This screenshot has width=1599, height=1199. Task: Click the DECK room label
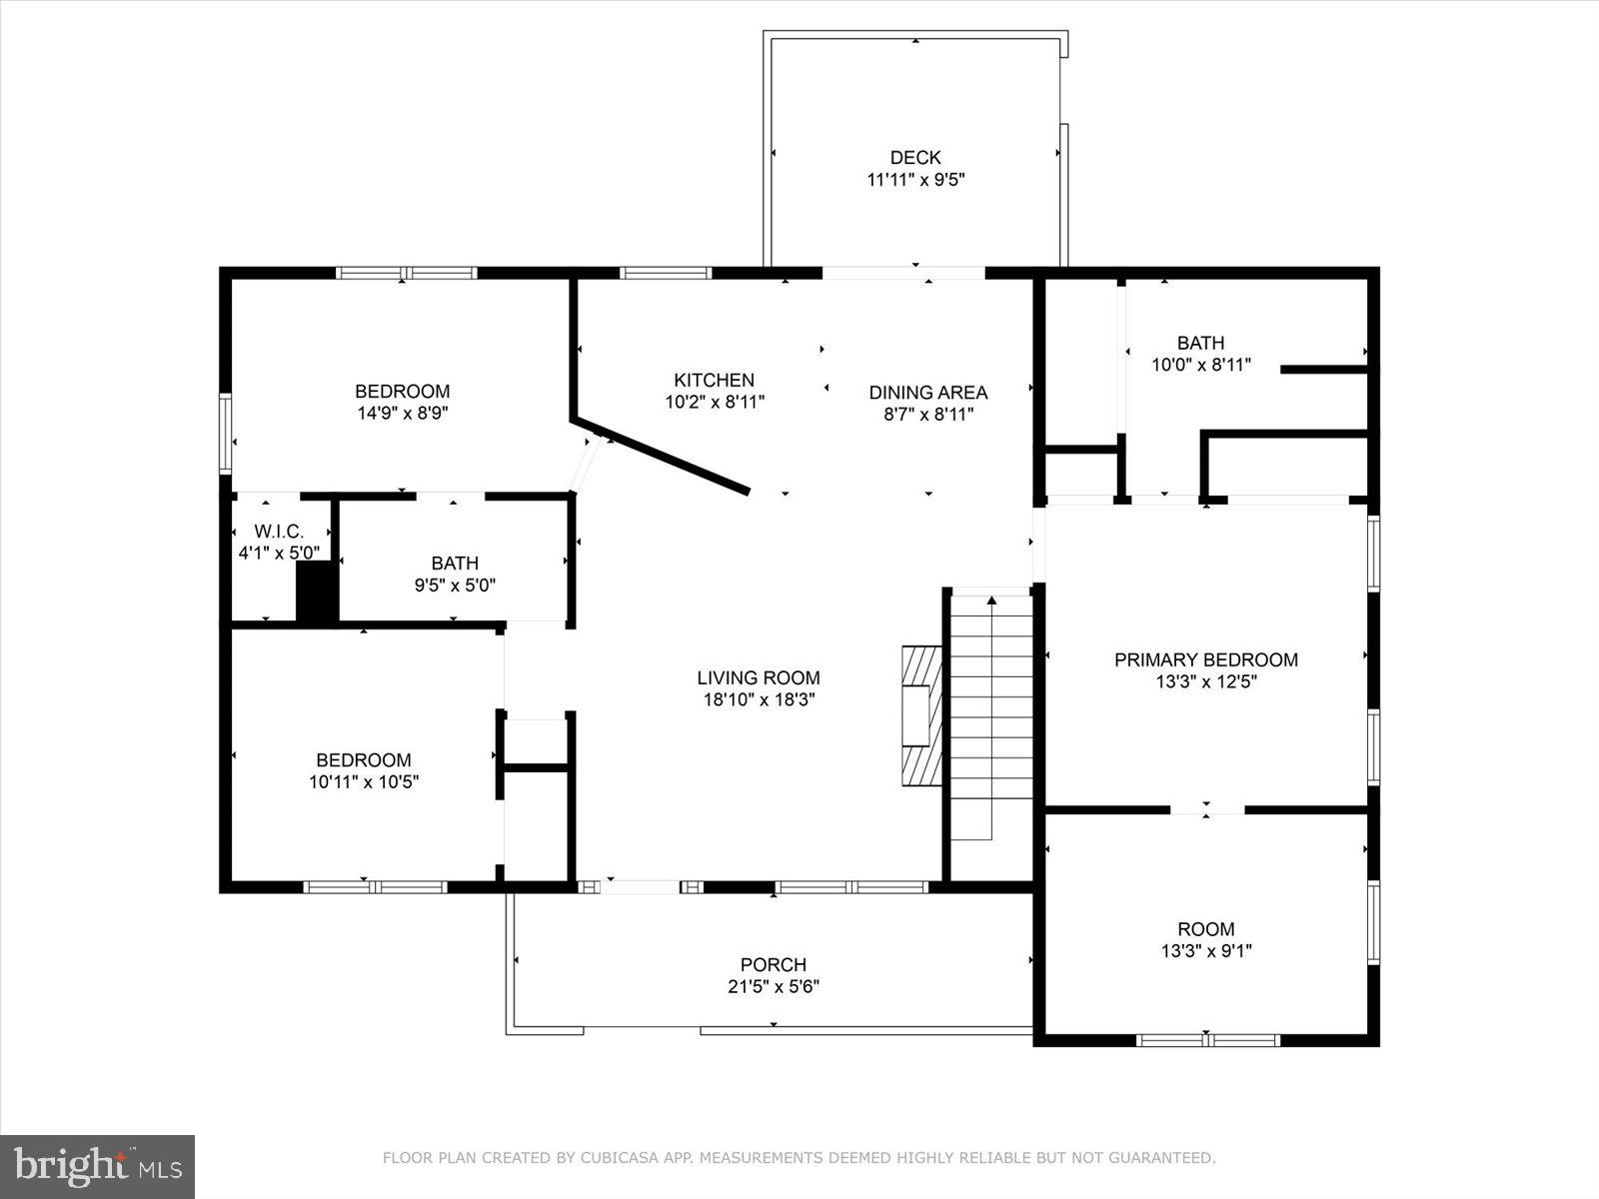click(x=915, y=158)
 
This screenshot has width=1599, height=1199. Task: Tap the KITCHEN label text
click(x=714, y=380)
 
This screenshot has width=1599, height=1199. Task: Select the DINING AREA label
click(x=927, y=393)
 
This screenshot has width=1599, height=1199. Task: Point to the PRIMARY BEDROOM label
click(x=1205, y=659)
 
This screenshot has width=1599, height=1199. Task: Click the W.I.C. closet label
click(x=278, y=532)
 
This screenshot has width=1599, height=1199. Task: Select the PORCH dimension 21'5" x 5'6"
click(x=774, y=987)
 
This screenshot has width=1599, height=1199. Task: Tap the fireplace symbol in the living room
click(x=921, y=716)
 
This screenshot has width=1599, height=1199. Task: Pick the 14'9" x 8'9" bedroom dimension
click(x=402, y=414)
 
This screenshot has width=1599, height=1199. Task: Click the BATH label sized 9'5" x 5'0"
click(x=455, y=564)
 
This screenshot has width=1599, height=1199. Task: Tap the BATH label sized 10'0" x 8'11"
click(x=1200, y=343)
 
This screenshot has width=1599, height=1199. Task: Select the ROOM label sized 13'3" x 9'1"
click(x=1205, y=928)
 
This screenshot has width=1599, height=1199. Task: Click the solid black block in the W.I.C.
click(x=317, y=594)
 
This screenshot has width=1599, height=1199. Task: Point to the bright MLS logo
click(x=97, y=1166)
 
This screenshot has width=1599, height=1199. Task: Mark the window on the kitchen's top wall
click(x=666, y=273)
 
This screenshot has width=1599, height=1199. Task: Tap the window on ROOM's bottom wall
click(x=1207, y=1040)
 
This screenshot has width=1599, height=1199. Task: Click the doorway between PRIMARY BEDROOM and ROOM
click(x=1206, y=809)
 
